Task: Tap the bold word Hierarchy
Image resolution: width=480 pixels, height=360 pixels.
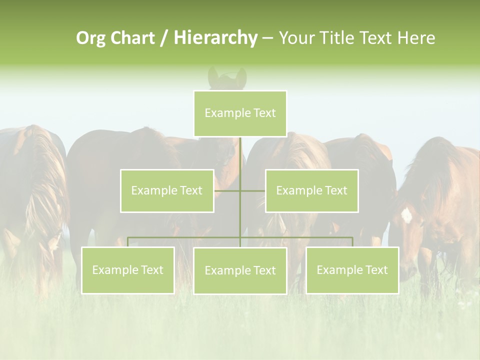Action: (x=215, y=38)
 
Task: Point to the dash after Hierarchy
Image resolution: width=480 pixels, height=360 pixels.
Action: (x=267, y=38)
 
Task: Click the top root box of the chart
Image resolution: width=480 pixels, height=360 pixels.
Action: (x=240, y=113)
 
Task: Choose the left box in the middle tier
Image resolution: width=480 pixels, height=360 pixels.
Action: (x=167, y=190)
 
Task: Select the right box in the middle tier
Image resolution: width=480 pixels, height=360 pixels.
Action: (x=311, y=190)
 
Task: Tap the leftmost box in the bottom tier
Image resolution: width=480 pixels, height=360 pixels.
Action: (x=128, y=270)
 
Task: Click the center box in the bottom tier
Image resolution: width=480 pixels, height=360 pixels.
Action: (x=240, y=270)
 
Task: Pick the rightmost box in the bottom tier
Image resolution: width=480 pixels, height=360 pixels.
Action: (x=352, y=270)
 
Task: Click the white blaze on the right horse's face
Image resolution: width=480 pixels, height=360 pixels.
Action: (x=406, y=215)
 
